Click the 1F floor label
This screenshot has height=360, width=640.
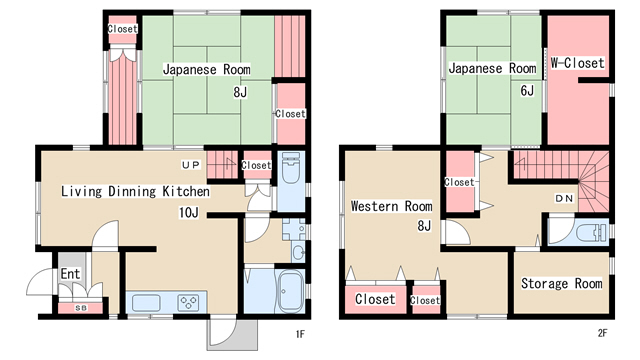[300, 334]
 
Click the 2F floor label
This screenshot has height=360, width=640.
[602, 333]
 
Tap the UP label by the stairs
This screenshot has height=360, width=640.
[191, 165]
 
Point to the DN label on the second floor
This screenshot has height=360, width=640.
[564, 198]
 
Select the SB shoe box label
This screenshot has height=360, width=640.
[81, 308]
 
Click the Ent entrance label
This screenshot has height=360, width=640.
[70, 273]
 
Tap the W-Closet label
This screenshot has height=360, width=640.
[577, 63]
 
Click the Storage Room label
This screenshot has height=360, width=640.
[562, 283]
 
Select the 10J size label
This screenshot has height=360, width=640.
[189, 212]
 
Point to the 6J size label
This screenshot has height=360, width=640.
[527, 90]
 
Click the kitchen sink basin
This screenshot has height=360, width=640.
[146, 303]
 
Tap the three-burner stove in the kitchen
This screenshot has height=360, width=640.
[188, 303]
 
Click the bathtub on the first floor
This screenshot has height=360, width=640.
[290, 291]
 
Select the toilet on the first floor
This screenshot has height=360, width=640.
[291, 169]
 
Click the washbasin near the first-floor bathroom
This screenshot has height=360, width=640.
[298, 253]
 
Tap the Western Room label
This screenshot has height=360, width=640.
[391, 206]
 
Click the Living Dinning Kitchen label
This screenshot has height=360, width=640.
[136, 191]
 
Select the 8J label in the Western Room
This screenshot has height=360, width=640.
[424, 225]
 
